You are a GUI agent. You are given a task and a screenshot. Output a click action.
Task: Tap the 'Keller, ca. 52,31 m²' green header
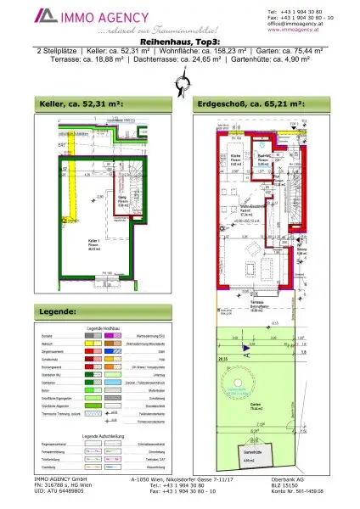click(x=82, y=104)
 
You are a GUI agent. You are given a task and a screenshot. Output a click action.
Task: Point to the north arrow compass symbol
click(x=179, y=84)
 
